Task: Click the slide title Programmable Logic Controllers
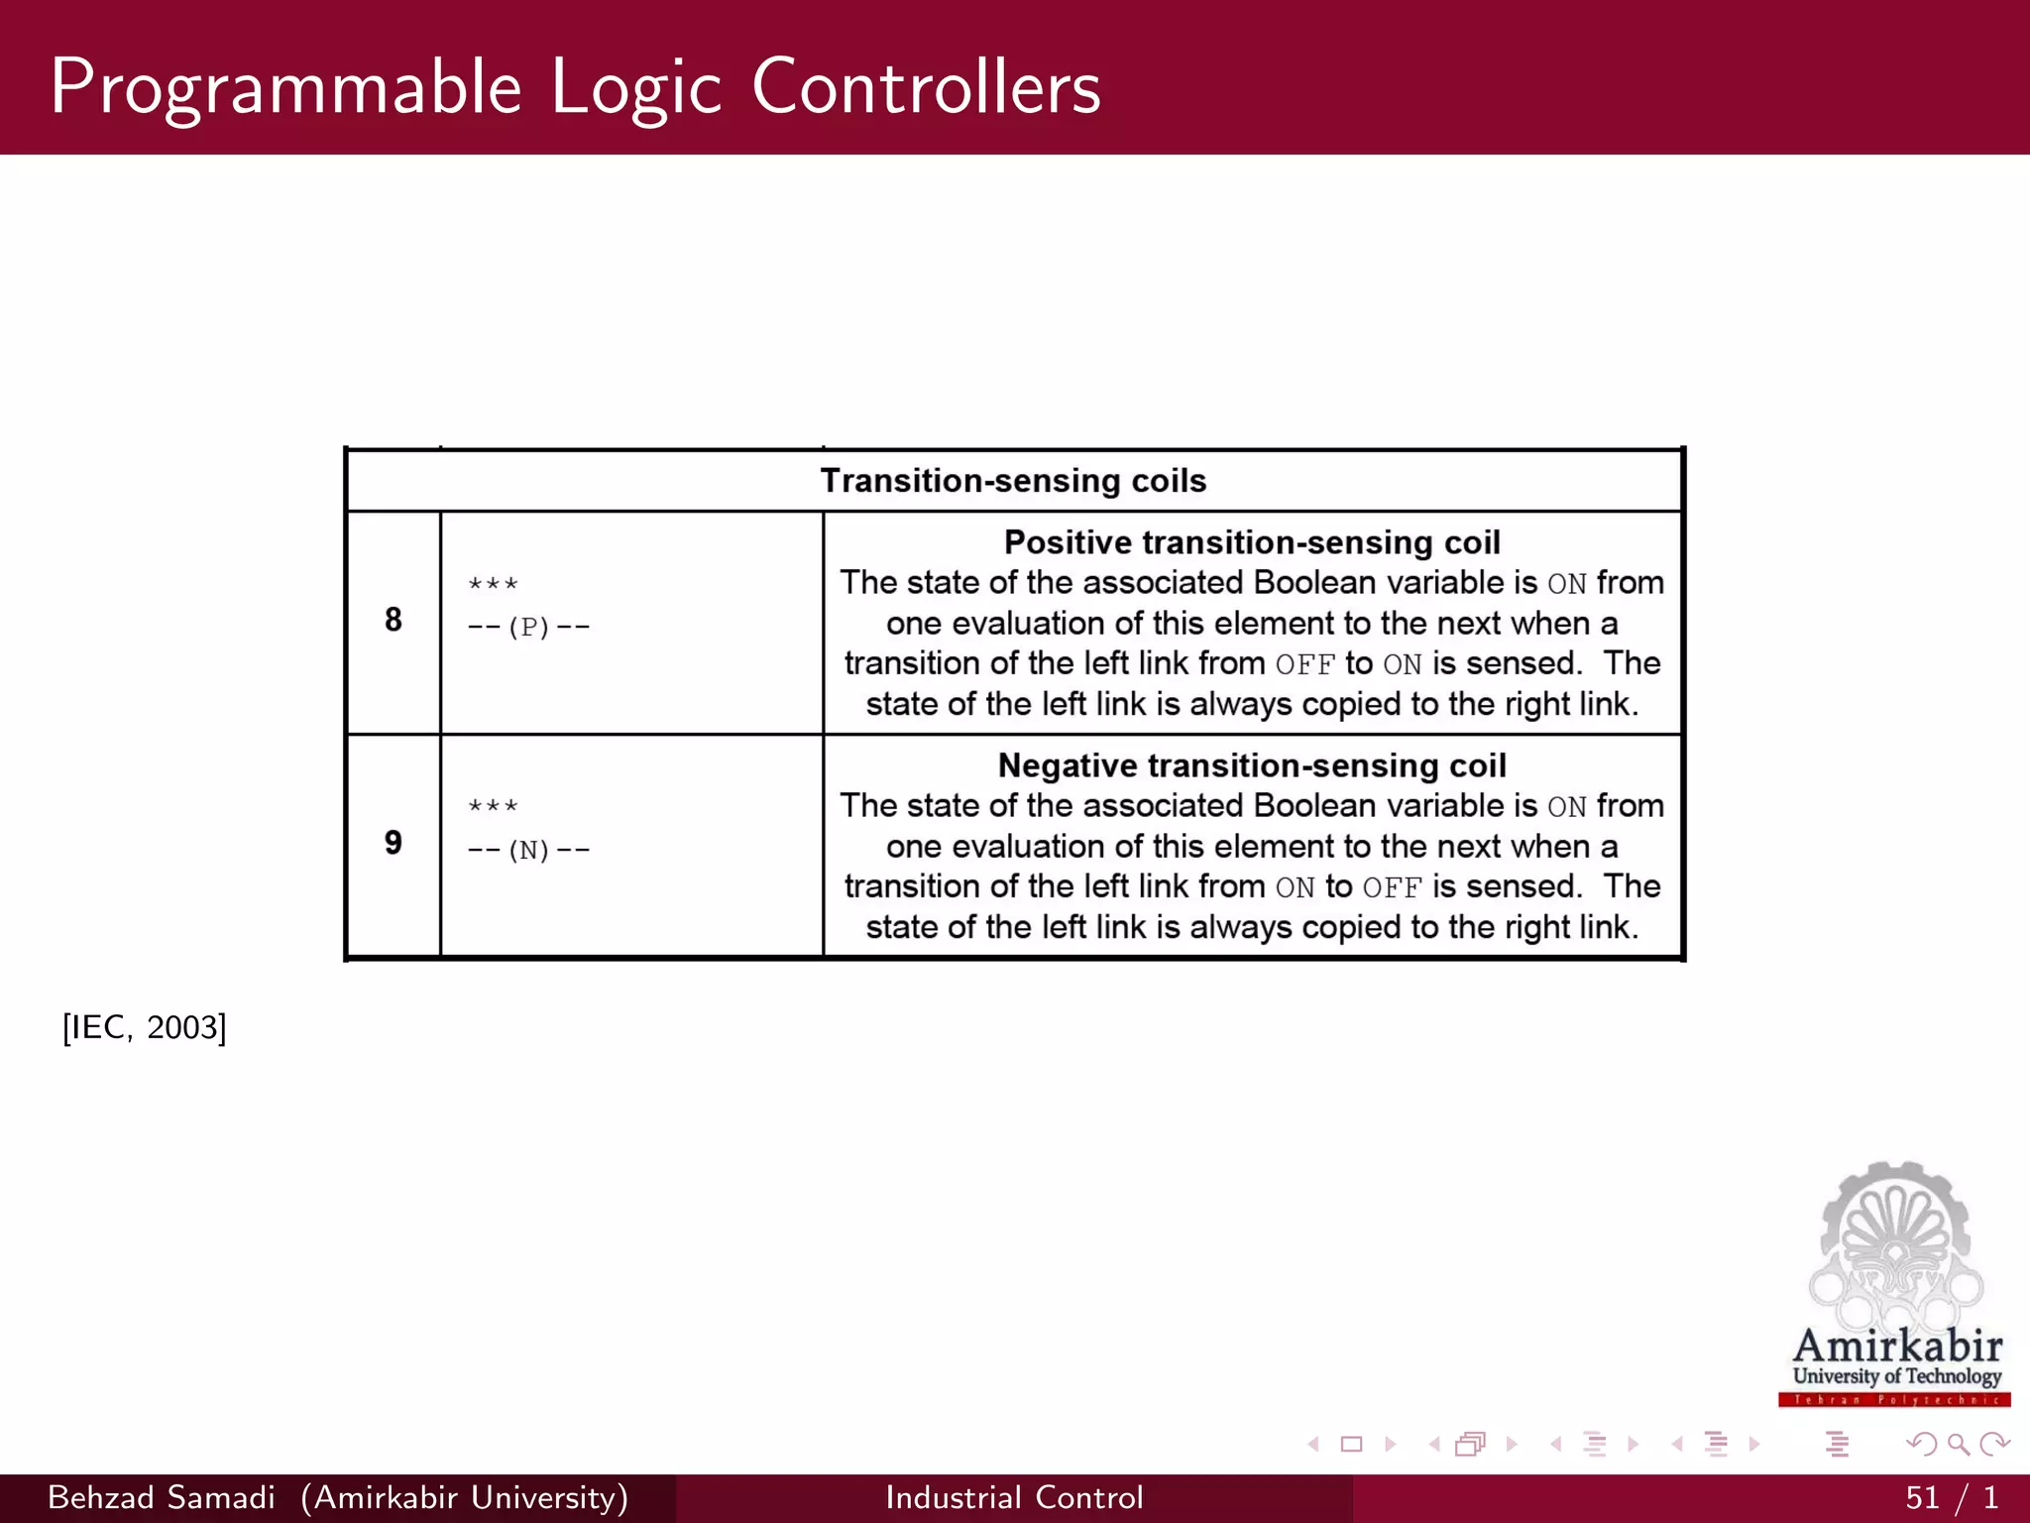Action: [575, 87]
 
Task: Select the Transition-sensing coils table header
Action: [1013, 481]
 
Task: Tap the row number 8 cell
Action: [394, 620]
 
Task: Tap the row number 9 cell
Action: [394, 843]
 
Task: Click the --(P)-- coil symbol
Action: [528, 628]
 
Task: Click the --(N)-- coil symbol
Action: [528, 851]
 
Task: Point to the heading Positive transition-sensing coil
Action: [1252, 542]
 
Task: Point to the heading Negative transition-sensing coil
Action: [1252, 765]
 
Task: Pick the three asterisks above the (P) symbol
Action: [493, 585]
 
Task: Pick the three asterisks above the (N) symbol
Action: [493, 807]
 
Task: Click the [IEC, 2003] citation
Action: [145, 1027]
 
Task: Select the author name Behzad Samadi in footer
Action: [162, 1497]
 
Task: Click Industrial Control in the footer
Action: [1014, 1497]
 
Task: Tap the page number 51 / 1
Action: [1951, 1497]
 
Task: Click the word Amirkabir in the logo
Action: [1897, 1347]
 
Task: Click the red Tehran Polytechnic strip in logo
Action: [1894, 1400]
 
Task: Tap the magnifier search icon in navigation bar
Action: [1958, 1444]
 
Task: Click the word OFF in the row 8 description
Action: [1305, 664]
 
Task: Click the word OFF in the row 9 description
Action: [1392, 887]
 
